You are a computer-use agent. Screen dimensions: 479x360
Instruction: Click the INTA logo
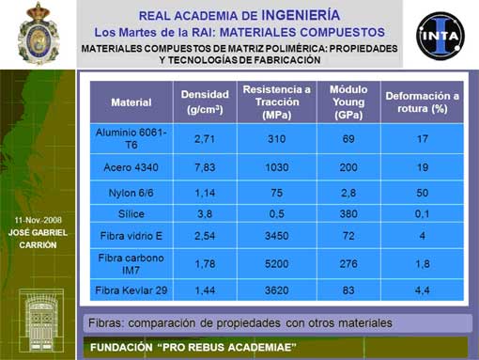[440, 35]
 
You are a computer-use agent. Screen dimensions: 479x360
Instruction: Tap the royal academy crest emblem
[39, 33]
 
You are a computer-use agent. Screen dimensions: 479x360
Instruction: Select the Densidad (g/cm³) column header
[205, 102]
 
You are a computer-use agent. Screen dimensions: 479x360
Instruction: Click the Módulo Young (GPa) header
[348, 102]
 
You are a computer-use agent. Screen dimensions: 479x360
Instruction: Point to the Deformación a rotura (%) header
[422, 102]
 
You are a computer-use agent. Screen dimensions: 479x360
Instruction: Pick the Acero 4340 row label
[131, 167]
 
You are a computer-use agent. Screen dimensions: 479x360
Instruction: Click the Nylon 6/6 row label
[131, 193]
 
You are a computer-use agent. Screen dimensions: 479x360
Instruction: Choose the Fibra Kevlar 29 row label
[131, 290]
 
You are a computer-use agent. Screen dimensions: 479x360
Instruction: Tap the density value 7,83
[205, 167]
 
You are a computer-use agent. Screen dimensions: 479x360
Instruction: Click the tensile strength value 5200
[277, 264]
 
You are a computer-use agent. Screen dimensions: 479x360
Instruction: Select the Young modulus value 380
[348, 213]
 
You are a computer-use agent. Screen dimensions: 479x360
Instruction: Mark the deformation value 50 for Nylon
[422, 193]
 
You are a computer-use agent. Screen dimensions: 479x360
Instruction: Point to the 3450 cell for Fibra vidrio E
[277, 236]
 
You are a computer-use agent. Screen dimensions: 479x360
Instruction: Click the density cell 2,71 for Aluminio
[205, 139]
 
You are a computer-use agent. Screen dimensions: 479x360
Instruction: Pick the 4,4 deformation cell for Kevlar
[422, 290]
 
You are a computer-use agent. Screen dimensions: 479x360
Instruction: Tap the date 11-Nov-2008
[38, 220]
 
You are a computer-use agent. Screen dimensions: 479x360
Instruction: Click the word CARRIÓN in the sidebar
[38, 245]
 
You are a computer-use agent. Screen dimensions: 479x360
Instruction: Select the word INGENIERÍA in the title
[301, 15]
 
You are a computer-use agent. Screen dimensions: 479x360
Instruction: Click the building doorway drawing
[41, 321]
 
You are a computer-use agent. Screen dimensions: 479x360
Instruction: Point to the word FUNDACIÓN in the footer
[121, 348]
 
